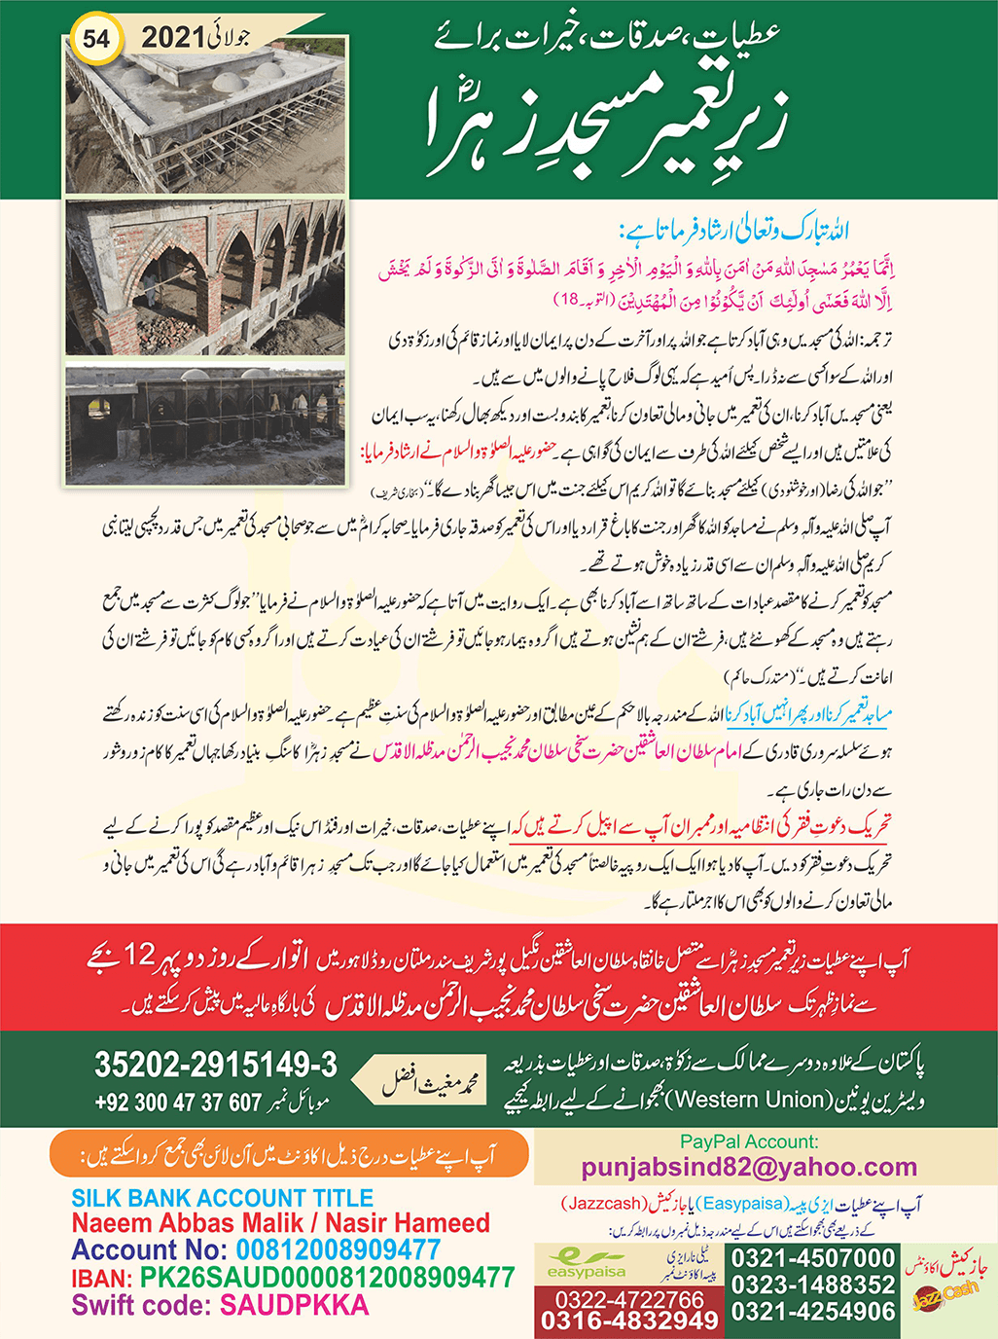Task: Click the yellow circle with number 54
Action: [97, 39]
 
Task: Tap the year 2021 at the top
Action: [175, 39]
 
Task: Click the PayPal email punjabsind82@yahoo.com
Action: [749, 1167]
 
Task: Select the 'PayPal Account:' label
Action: [749, 1141]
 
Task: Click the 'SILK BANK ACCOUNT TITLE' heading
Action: [223, 1198]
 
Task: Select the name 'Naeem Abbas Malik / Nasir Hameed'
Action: [281, 1223]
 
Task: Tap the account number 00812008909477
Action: [339, 1249]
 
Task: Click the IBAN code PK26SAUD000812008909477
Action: [327, 1277]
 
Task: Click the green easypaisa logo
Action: [586, 1263]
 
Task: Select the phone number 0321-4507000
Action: [813, 1257]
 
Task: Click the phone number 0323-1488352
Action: [813, 1285]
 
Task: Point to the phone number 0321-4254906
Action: [813, 1312]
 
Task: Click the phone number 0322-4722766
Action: [629, 1299]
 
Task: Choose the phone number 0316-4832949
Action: [629, 1321]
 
